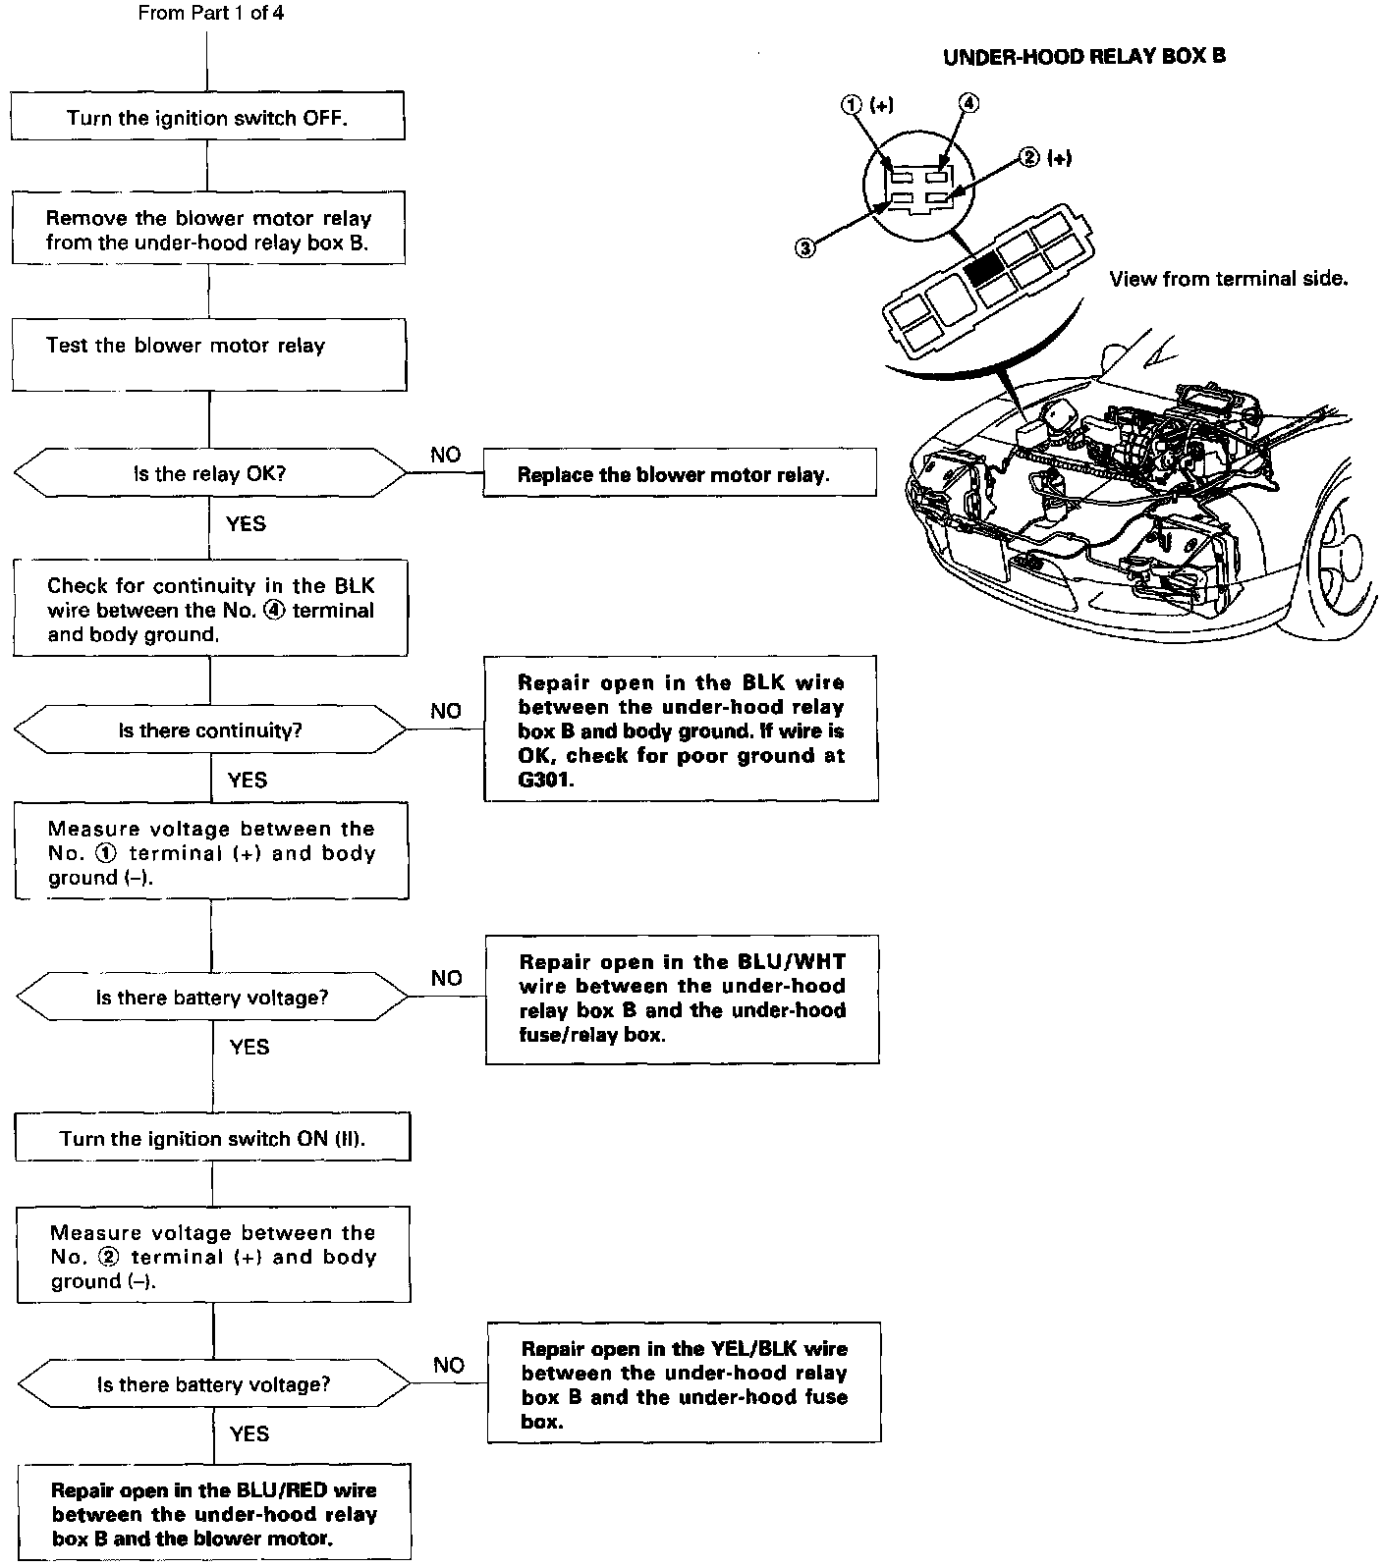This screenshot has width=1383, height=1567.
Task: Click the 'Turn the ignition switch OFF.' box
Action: pos(207,118)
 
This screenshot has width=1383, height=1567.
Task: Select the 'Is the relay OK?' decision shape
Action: pos(209,474)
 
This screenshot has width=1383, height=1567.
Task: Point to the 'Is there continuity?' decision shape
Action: pos(209,731)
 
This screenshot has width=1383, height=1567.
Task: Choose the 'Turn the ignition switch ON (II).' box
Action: pos(211,1139)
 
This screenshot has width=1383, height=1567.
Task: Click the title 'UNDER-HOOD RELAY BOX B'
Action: pos(1083,57)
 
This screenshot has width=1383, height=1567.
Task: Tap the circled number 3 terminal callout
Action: pos(804,248)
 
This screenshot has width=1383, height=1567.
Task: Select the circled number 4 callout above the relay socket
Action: pos(968,103)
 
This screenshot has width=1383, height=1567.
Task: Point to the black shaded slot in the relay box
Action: pos(983,267)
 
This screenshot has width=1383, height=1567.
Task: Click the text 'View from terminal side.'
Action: pos(1228,279)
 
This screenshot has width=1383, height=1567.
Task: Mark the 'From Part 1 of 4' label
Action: pos(211,14)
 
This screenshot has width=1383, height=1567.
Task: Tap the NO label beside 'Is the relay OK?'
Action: pos(446,455)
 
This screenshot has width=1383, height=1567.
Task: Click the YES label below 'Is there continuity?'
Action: pos(247,780)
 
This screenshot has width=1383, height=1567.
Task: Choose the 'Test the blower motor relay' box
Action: pos(209,354)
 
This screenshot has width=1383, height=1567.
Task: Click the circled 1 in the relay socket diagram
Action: pos(852,105)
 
